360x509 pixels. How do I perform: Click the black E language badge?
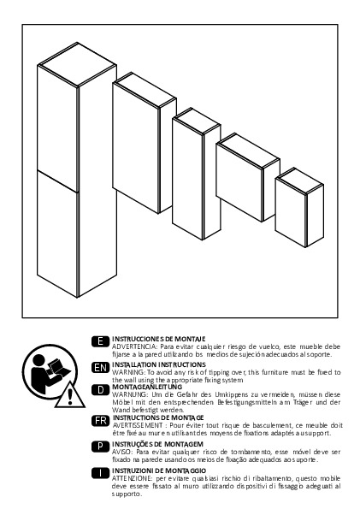tap(100, 341)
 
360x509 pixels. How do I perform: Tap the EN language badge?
tap(100, 368)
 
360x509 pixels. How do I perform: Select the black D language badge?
tap(100, 390)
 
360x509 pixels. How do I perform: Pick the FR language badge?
tap(100, 421)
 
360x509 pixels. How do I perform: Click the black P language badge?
tap(100, 447)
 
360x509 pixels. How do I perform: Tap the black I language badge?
tap(100, 473)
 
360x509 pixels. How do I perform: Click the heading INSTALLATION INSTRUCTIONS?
tap(159, 365)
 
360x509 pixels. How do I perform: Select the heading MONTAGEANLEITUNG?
tap(147, 387)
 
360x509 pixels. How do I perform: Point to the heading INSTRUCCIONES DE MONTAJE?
tap(159, 340)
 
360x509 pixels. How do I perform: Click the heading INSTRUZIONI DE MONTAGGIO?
tap(159, 471)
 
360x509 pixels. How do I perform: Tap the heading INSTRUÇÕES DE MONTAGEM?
tap(157, 444)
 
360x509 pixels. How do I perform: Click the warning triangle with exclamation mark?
tap(70, 396)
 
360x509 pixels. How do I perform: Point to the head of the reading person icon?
tap(38, 360)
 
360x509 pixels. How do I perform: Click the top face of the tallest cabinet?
tap(77, 65)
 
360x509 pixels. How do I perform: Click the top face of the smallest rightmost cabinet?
tap(299, 181)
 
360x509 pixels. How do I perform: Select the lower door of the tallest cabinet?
tap(57, 234)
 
